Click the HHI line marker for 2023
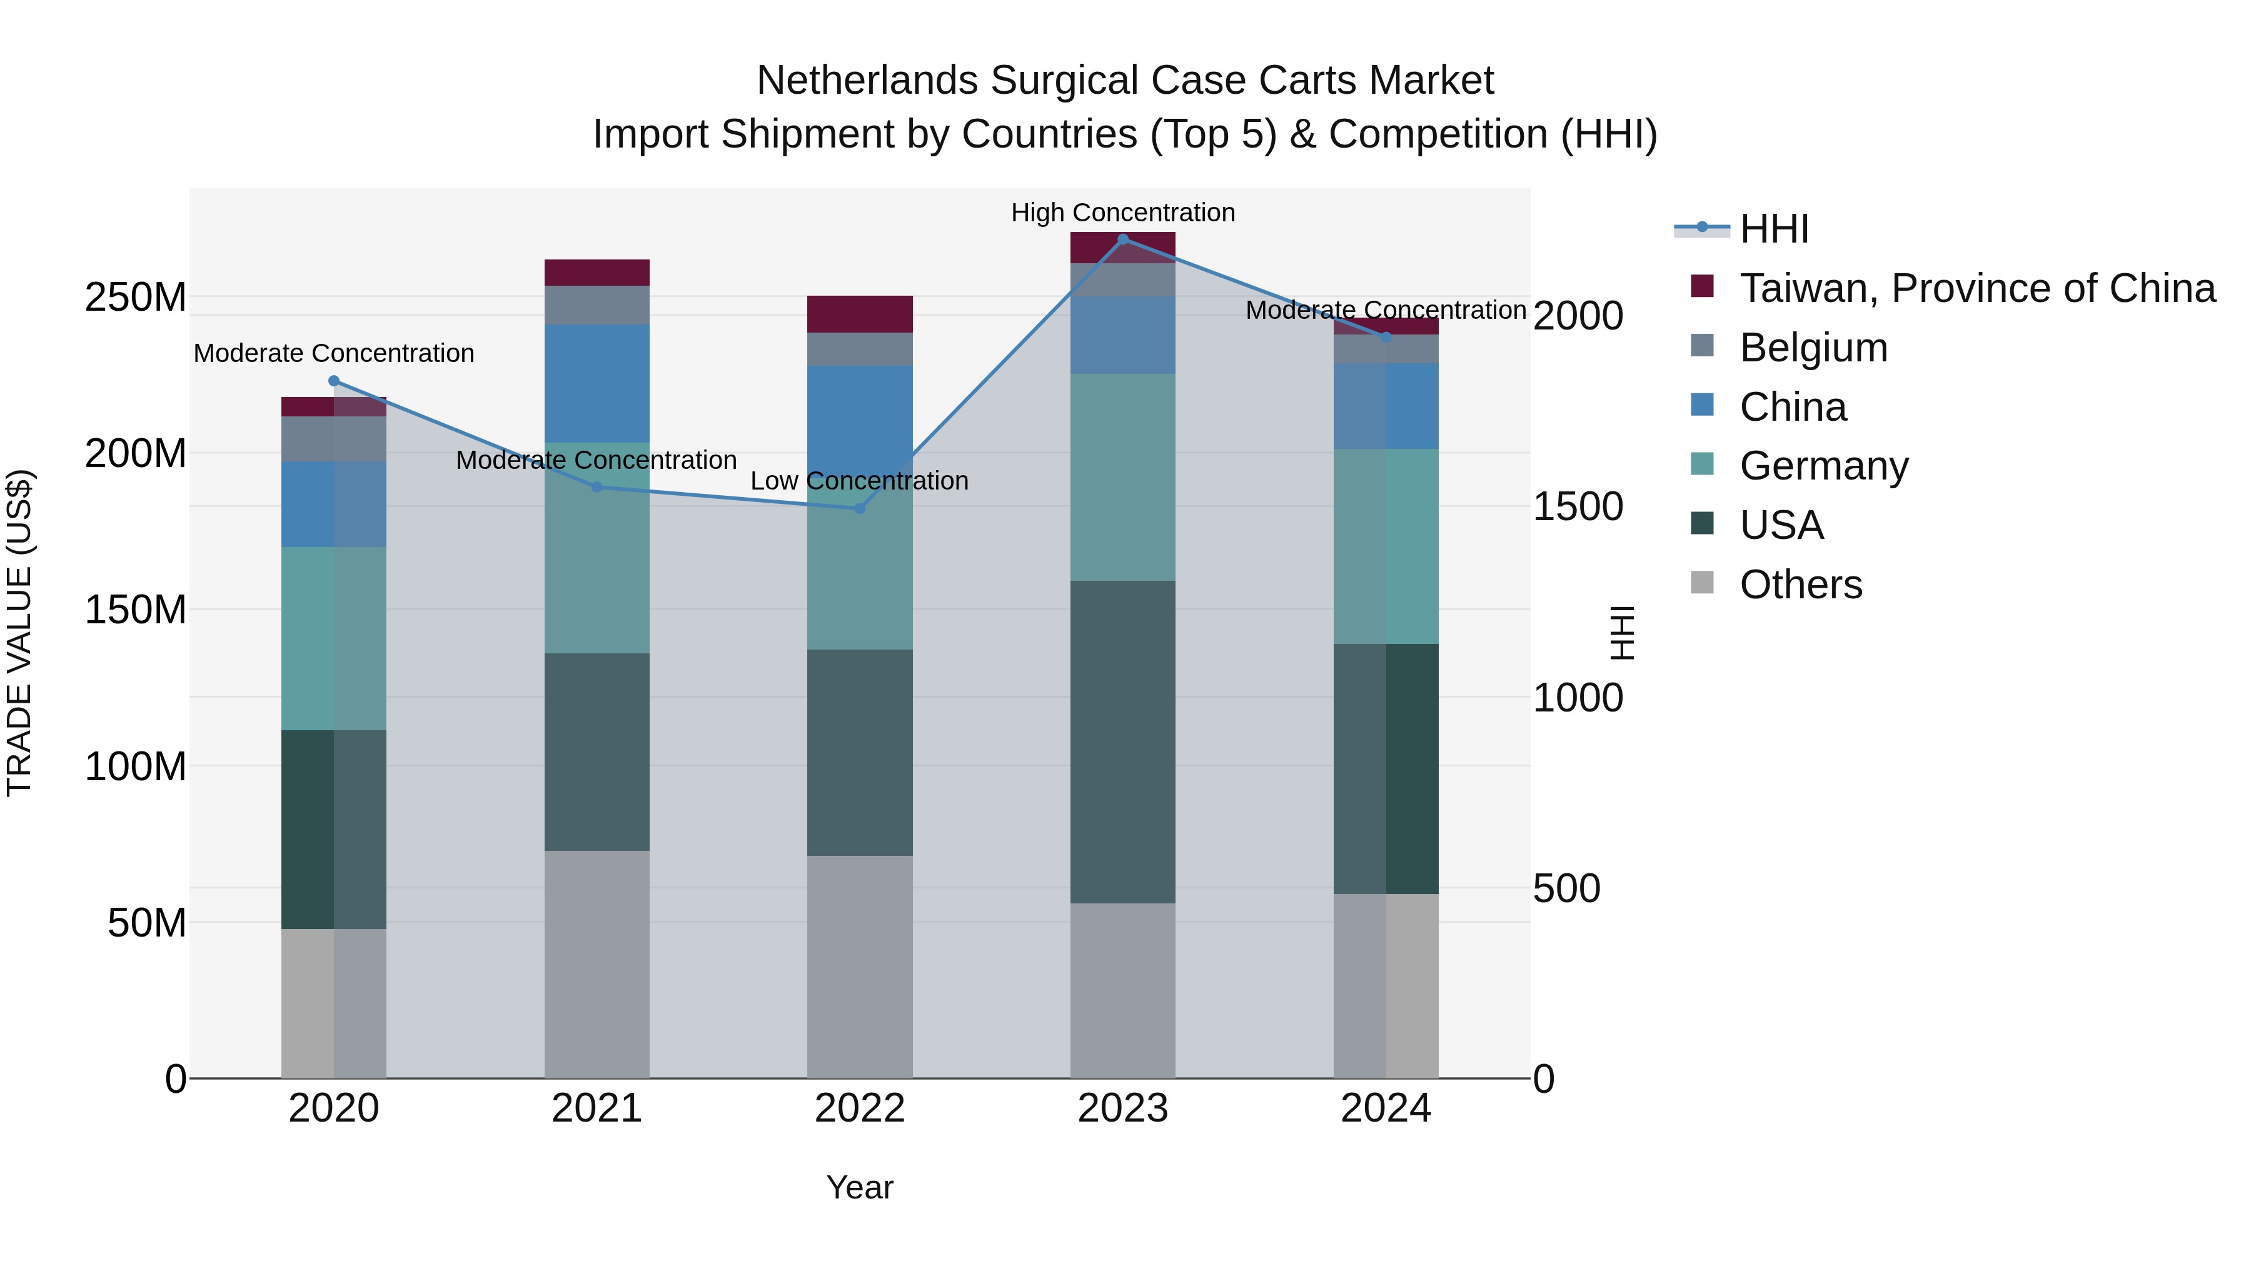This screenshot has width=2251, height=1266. (1123, 239)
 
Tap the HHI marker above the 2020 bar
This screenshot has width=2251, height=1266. (334, 381)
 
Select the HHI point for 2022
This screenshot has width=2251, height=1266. (860, 508)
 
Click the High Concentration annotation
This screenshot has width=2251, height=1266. (1123, 213)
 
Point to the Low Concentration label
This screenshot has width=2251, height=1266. (860, 481)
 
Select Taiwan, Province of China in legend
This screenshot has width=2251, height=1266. (1977, 288)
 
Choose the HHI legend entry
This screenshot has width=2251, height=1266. (1774, 229)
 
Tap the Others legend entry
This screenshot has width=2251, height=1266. (1800, 585)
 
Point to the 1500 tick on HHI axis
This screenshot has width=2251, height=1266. (1578, 507)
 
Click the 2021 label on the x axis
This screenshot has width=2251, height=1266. (597, 1108)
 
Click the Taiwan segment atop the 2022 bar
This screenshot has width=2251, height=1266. (860, 314)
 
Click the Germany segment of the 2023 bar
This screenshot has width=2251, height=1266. (1123, 477)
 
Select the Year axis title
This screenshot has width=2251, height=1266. (860, 1187)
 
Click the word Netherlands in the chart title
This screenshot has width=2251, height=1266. (867, 81)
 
